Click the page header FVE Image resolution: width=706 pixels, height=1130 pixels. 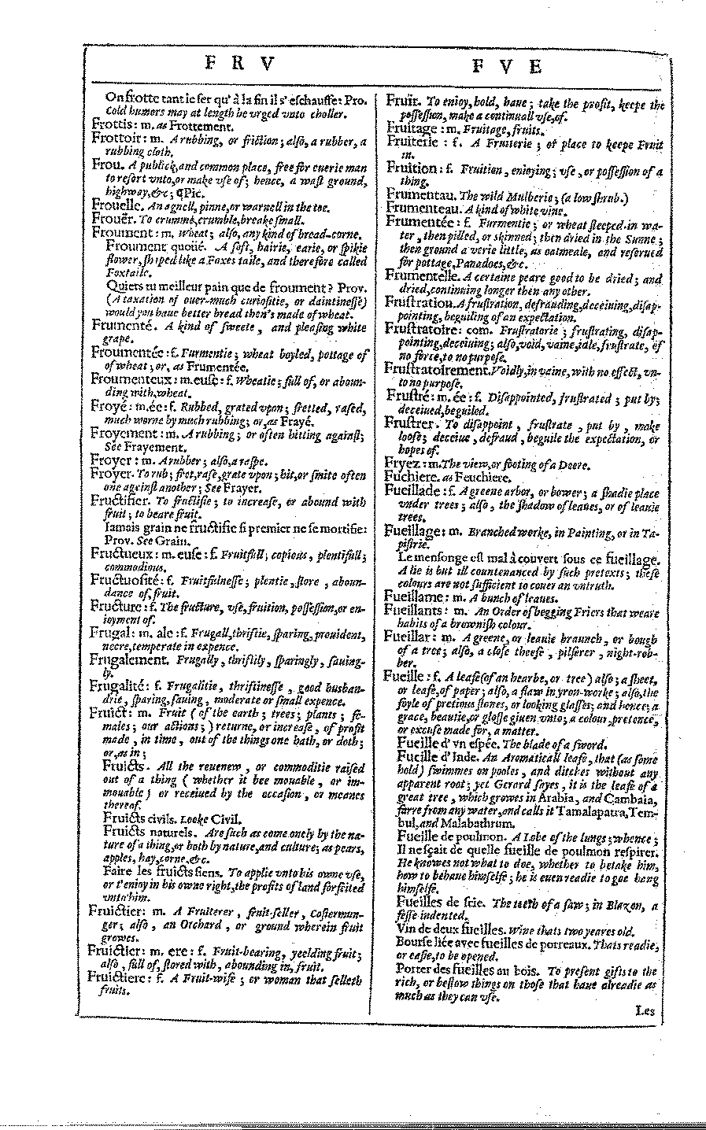coord(508,66)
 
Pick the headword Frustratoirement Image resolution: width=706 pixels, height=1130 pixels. coord(438,368)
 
